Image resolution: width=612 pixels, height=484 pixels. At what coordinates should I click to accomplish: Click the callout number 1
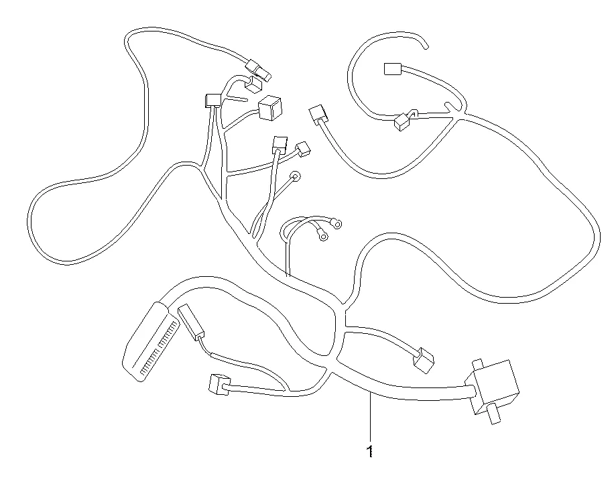369,451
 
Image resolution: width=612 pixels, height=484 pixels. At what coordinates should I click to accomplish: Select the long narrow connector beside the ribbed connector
191,321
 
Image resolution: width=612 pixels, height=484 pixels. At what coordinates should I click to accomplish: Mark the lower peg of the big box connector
494,414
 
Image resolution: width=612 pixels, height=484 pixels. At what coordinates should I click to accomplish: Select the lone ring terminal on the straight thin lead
296,176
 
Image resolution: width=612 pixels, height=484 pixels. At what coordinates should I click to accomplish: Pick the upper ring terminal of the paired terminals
336,224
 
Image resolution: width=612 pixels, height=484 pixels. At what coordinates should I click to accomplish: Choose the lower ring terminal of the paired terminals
323,236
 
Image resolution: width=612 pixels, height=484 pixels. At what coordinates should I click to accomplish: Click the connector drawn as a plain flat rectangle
393,69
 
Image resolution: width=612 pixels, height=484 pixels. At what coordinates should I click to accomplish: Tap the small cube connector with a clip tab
402,122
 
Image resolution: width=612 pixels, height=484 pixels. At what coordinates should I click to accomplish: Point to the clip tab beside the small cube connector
413,113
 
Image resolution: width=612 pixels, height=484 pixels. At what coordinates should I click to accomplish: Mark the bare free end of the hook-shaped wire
426,47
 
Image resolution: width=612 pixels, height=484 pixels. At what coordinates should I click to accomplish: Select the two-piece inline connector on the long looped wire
258,70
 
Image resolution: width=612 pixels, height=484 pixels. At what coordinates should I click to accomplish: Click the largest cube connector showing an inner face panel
270,108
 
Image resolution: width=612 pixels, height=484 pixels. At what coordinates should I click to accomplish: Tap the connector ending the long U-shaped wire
318,115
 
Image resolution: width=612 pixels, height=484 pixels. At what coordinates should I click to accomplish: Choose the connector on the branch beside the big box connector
424,360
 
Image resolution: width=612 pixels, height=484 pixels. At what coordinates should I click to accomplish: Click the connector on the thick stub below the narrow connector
220,384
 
